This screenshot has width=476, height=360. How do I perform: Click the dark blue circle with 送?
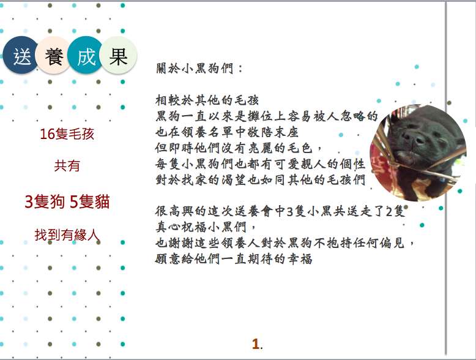(x=21, y=55)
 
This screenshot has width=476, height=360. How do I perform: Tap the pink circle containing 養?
(x=53, y=55)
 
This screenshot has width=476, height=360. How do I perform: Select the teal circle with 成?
(x=86, y=55)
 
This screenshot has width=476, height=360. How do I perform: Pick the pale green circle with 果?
(x=118, y=55)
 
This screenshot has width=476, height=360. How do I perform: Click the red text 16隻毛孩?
(x=67, y=134)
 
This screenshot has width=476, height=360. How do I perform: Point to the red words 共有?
(x=67, y=166)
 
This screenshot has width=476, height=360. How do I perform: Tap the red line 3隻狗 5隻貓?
(x=67, y=201)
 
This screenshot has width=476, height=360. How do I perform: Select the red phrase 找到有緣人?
(x=67, y=235)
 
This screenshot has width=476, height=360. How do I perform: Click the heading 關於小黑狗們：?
(x=199, y=68)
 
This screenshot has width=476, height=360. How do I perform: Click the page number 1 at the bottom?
(x=256, y=344)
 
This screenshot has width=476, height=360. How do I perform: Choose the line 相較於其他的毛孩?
(x=207, y=100)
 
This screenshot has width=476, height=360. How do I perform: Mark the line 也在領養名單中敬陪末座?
(x=227, y=132)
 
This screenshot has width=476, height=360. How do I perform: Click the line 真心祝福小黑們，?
(x=206, y=227)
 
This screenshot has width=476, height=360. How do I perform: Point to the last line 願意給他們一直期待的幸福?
(x=234, y=259)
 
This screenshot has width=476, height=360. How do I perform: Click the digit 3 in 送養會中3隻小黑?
(x=289, y=211)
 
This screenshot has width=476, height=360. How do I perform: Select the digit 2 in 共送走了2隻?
(x=389, y=211)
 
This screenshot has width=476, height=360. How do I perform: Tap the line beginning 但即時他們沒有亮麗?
(x=238, y=148)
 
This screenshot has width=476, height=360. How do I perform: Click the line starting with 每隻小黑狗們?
(x=260, y=163)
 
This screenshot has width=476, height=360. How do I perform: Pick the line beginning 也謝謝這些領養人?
(x=284, y=242)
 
